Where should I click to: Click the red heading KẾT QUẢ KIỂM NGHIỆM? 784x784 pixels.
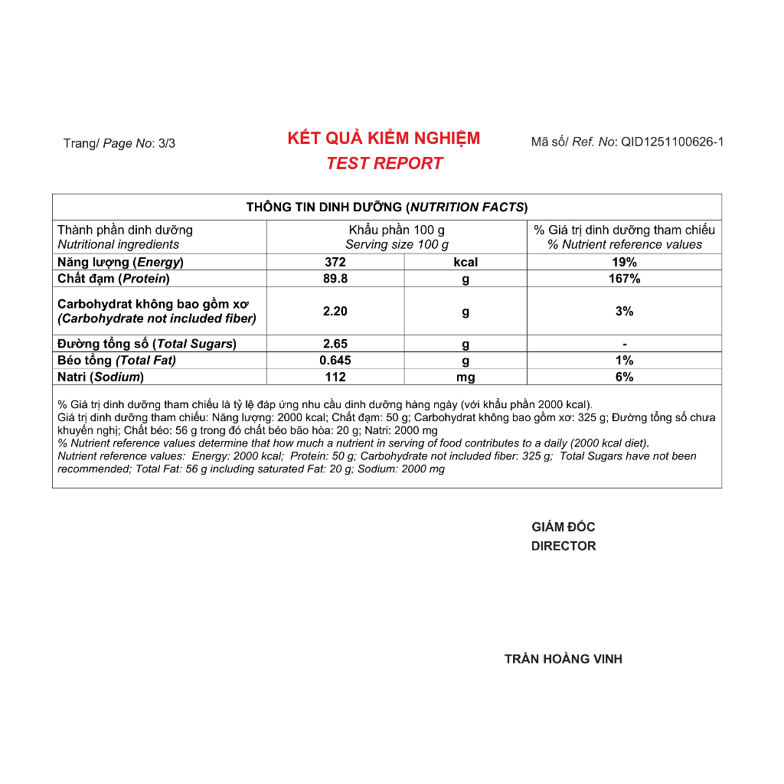[384, 139]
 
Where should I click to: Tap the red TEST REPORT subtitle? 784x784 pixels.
[384, 163]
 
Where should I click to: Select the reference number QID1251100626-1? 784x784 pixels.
[671, 142]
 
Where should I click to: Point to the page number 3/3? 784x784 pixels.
[166, 143]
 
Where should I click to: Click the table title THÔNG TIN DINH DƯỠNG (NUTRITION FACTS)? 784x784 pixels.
[387, 207]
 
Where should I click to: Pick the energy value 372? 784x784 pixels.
[335, 262]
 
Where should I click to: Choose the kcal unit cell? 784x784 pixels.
[465, 262]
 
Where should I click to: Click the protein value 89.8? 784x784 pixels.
[335, 279]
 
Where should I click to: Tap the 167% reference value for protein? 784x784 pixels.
[625, 279]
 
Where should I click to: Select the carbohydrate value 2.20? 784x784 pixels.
[335, 312]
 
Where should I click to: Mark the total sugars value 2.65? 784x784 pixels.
[335, 344]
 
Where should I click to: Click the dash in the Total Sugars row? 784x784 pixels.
[625, 345]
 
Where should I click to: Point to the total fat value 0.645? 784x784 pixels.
[335, 361]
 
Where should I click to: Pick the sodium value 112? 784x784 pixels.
[335, 377]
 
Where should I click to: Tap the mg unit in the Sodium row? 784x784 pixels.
[465, 377]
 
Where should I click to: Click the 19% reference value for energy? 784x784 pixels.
[625, 262]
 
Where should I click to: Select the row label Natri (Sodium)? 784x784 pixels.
[100, 377]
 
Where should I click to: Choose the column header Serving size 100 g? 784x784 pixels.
[397, 244]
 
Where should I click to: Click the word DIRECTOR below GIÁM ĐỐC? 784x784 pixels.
[563, 546]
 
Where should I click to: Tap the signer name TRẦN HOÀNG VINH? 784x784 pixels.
[563, 659]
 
